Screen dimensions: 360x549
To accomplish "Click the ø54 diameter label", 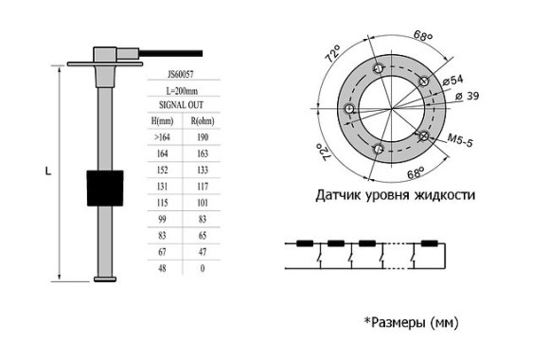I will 454,81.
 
